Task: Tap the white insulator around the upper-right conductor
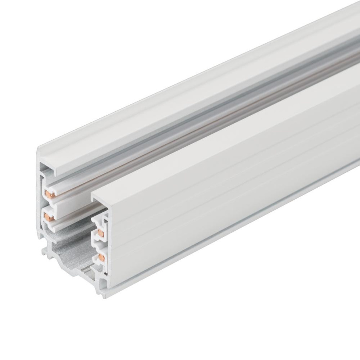97,226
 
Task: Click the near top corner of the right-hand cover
92,196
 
